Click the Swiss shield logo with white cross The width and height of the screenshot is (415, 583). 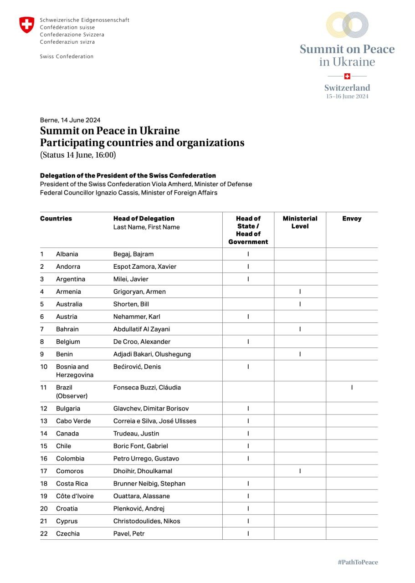tap(26, 25)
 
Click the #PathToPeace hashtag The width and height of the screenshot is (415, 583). tap(358, 562)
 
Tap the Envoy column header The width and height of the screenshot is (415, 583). tap(352, 219)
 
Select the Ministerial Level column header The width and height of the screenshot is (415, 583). tap(300, 222)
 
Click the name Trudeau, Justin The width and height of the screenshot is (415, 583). tap(136, 434)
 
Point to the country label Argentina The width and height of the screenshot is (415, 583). tap(71, 279)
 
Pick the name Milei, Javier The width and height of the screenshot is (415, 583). tap(131, 279)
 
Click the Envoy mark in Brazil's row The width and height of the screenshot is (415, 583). tap(352, 388)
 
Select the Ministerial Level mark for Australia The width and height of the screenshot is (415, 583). tap(300, 304)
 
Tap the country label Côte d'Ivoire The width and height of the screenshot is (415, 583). tap(75, 496)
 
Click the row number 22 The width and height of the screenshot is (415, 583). tap(44, 533)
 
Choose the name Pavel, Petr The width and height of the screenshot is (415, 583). tap(129, 533)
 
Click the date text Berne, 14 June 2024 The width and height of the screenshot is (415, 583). tap(70, 120)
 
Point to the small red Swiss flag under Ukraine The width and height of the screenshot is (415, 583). tap(347, 76)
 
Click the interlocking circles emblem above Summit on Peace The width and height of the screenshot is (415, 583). tap(347, 25)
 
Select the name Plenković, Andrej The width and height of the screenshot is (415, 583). tap(139, 508)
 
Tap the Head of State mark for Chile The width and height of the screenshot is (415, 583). tap(248, 446)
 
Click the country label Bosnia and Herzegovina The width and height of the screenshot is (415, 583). tap(72, 371)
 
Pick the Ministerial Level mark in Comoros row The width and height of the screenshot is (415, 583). tap(300, 471)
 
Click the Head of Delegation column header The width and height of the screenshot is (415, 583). tap(144, 219)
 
